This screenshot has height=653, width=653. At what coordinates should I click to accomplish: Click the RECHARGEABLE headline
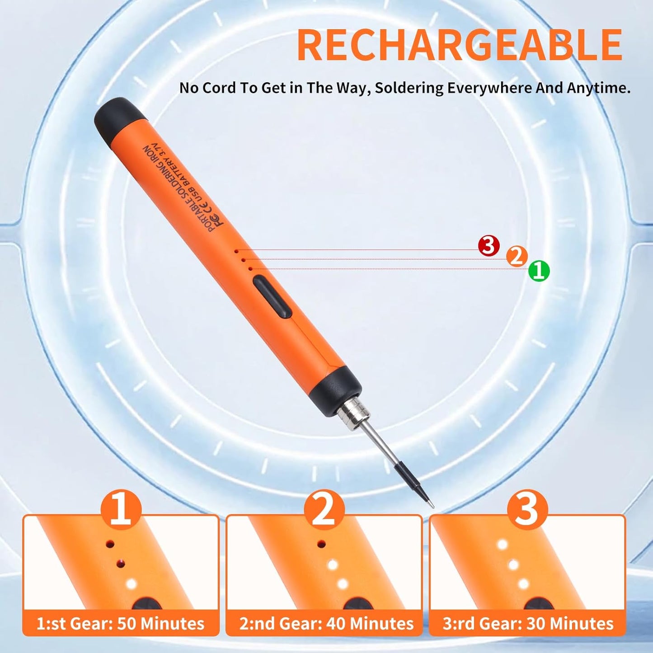click(x=459, y=45)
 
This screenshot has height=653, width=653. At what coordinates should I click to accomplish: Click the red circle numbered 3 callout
click(x=489, y=246)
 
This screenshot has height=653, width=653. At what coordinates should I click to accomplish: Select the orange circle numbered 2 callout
click(x=517, y=257)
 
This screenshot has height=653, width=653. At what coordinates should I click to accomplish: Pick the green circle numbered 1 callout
click(x=539, y=271)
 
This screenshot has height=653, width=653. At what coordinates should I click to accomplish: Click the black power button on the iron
click(x=271, y=298)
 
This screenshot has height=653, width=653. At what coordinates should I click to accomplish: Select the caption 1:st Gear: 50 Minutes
click(x=120, y=624)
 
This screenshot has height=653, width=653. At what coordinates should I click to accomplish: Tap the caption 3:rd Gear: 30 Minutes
click(x=528, y=624)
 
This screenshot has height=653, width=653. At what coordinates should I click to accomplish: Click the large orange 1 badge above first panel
click(x=121, y=510)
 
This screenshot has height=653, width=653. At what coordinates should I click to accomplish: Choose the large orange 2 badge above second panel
click(x=324, y=510)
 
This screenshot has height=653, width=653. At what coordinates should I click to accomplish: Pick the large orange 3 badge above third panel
click(x=527, y=510)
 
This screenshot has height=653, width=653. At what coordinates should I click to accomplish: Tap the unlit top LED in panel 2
click(x=321, y=544)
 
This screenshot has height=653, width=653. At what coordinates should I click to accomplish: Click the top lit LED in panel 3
click(x=502, y=545)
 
